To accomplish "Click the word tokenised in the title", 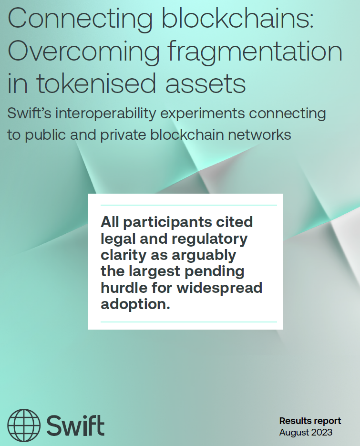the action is click(x=96, y=83).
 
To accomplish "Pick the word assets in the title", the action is click(x=206, y=84).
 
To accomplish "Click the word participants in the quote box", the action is click(x=168, y=223).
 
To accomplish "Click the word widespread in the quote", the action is click(x=219, y=288).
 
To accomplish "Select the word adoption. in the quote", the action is click(x=135, y=304).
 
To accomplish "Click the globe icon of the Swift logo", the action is click(x=24, y=425).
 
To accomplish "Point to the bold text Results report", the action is click(x=310, y=421).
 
